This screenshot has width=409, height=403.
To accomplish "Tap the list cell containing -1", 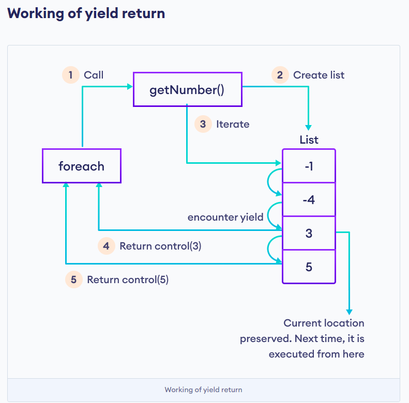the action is (x=309, y=166).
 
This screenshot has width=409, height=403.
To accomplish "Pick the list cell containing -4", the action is (x=309, y=199).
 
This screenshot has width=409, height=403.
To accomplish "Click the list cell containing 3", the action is (x=309, y=233).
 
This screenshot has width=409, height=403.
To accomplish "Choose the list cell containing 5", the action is (x=309, y=267).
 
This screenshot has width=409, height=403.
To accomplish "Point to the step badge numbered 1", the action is (x=71, y=75).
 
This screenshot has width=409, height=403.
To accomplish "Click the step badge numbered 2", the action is (x=280, y=75).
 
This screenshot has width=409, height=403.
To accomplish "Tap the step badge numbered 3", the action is (x=203, y=124).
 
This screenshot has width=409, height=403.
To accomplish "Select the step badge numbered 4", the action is (x=107, y=246).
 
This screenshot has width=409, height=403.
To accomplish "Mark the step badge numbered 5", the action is (x=74, y=280).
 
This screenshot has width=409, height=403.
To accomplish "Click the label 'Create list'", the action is (x=319, y=75).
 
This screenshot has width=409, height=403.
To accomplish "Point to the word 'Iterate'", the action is (x=233, y=124).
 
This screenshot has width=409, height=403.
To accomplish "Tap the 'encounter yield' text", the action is (x=225, y=217).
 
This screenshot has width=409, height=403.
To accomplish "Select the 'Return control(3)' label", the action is (x=160, y=246).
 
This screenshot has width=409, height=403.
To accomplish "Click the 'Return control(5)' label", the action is (x=128, y=280).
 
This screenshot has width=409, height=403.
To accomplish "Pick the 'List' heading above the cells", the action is (x=309, y=139).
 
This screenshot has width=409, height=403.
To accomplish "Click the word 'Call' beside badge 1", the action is (x=94, y=75).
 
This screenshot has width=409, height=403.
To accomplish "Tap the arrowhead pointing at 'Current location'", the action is (x=349, y=312).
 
